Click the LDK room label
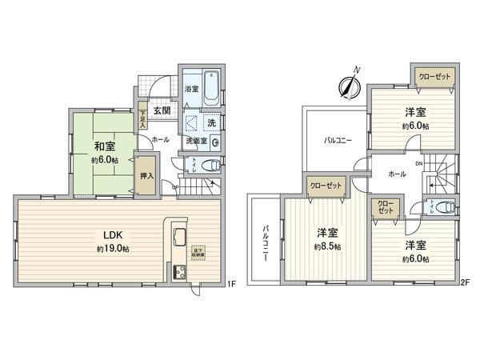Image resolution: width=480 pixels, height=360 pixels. pyautogui.click(x=111, y=235)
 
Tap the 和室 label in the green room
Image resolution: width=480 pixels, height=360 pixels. pyautogui.click(x=101, y=146)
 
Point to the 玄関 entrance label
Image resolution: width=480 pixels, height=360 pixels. pyautogui.click(x=161, y=110)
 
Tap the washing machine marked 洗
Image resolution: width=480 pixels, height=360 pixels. pyautogui.click(x=211, y=124)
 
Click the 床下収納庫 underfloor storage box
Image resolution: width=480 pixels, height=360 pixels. pyautogui.click(x=197, y=251)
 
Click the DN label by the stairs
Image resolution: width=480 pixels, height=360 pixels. pyautogui.click(x=418, y=164)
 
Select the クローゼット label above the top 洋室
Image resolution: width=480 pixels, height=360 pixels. pyautogui.click(x=434, y=76)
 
